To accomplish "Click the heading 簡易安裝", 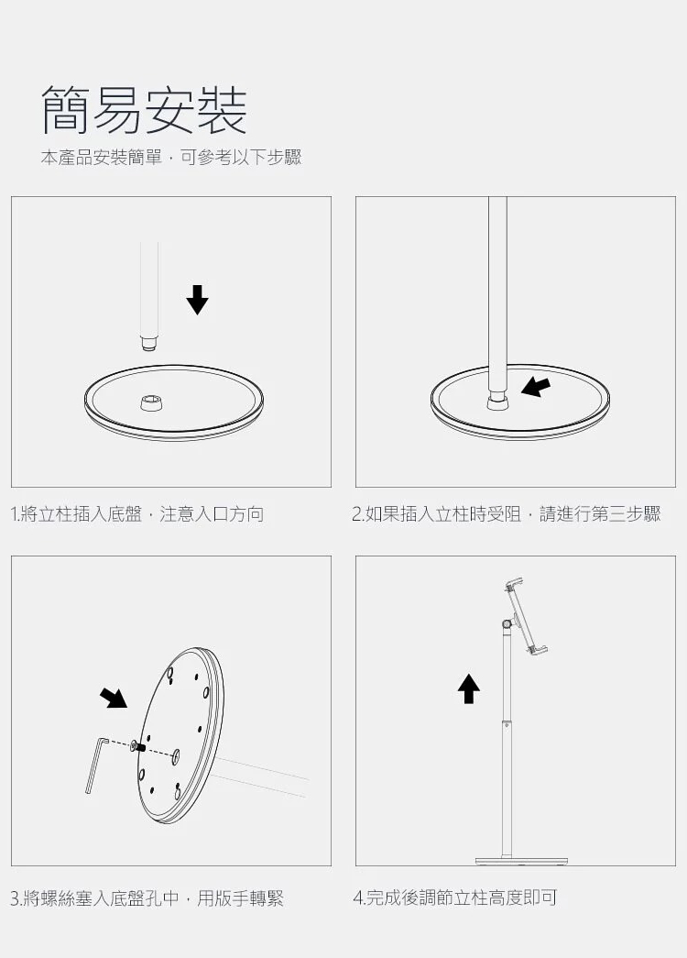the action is (144, 110).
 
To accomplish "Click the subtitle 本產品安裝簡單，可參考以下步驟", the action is (171, 158).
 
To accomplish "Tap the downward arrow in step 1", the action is (197, 300).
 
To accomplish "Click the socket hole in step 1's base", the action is (151, 403).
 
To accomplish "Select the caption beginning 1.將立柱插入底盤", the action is (137, 514).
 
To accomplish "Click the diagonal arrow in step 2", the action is (536, 387).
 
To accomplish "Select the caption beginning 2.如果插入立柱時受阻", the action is (507, 514).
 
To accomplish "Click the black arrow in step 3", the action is (113, 698).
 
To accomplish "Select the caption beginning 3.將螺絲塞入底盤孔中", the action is (147, 898).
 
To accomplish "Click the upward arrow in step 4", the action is (468, 688).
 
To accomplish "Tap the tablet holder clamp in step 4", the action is (526, 616).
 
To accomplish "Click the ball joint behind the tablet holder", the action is (507, 623).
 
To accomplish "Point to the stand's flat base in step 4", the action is (521, 862).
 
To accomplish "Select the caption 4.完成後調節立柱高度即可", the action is (455, 898).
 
